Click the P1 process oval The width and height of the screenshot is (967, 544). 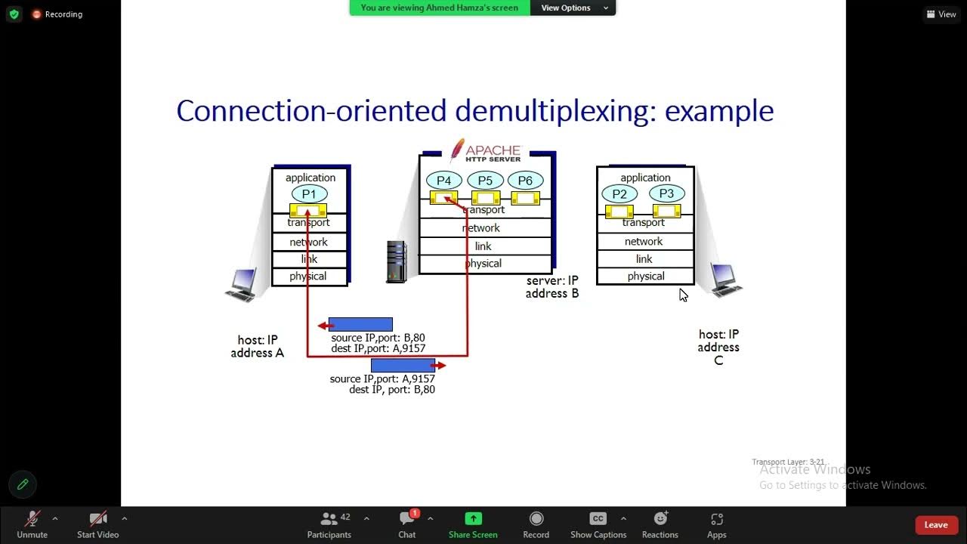pyautogui.click(x=309, y=194)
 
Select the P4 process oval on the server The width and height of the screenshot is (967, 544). pyautogui.click(x=443, y=181)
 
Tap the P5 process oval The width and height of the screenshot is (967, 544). pyautogui.click(x=485, y=181)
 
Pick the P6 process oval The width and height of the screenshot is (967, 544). pyautogui.click(x=525, y=181)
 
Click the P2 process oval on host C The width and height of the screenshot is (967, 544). pyautogui.click(x=619, y=193)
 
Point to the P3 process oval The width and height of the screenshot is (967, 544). pyautogui.click(x=666, y=193)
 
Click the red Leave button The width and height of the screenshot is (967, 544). pyautogui.click(x=935, y=525)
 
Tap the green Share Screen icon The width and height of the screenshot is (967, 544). pyautogui.click(x=473, y=518)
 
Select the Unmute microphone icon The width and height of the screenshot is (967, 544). pyautogui.click(x=32, y=518)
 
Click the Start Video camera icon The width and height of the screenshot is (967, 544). pyautogui.click(x=98, y=518)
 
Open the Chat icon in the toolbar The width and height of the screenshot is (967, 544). pyautogui.click(x=407, y=518)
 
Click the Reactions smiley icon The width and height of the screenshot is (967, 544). pyautogui.click(x=660, y=518)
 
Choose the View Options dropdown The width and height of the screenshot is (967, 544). pyautogui.click(x=573, y=8)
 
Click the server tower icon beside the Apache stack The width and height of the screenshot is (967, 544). pyautogui.click(x=396, y=261)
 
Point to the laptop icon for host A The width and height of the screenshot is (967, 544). pyautogui.click(x=242, y=285)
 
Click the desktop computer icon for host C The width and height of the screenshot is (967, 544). pyautogui.click(x=725, y=280)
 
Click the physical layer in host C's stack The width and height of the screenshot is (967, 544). pyautogui.click(x=645, y=277)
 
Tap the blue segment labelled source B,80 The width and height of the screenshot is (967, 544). pyautogui.click(x=360, y=325)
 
